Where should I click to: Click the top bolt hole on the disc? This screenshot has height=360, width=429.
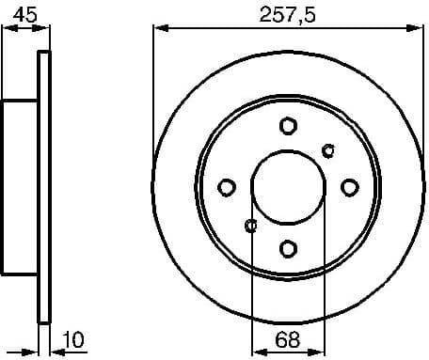tap(289, 125)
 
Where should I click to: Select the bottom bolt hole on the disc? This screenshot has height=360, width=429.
tap(289, 248)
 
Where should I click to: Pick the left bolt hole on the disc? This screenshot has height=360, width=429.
tap(227, 186)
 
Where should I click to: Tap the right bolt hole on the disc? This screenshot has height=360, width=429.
tap(350, 186)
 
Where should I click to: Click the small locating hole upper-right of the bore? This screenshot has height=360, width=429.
tap(327, 149)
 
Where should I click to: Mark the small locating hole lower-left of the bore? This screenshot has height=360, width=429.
tap(250, 225)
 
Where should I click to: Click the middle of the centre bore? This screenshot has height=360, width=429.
tap(289, 186)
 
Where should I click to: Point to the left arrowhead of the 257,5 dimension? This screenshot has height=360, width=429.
tap(159, 29)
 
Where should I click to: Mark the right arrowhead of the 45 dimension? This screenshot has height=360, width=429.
tap(42, 29)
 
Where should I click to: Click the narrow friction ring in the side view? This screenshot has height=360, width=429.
tap(43, 186)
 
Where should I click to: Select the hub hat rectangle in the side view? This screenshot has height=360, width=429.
tap(19, 186)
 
